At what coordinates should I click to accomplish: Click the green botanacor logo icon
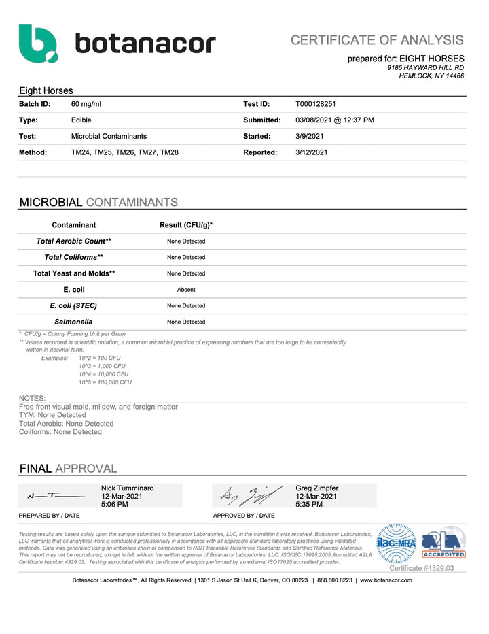pyautogui.click(x=38, y=44)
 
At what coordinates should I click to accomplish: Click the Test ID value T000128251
pyautogui.click(x=316, y=104)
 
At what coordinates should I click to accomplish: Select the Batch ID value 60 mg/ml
pyautogui.click(x=86, y=104)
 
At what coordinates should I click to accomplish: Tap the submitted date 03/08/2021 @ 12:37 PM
pyautogui.click(x=335, y=120)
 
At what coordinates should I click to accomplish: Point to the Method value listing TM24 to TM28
pyautogui.click(x=125, y=153)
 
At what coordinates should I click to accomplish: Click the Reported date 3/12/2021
pyautogui.click(x=312, y=153)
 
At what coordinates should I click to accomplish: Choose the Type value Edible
pyautogui.click(x=82, y=120)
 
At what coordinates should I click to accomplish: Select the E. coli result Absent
pyautogui.click(x=186, y=290)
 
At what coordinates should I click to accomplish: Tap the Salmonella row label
pyautogui.click(x=73, y=322)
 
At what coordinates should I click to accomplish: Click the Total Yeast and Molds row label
pyautogui.click(x=74, y=273)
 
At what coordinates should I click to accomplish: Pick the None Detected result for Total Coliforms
pyautogui.click(x=186, y=258)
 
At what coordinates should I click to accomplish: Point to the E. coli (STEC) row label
pyautogui.click(x=73, y=306)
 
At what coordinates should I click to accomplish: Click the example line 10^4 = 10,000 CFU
pyautogui.click(x=103, y=374)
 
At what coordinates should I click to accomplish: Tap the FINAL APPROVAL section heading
pyautogui.click(x=68, y=469)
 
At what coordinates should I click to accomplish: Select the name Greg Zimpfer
pyautogui.click(x=317, y=488)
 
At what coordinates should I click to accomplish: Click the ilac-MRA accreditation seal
pyautogui.click(x=396, y=541)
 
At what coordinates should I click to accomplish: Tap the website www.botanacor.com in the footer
pyautogui.click(x=386, y=580)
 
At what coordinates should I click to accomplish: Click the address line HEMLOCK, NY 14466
pyautogui.click(x=431, y=76)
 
